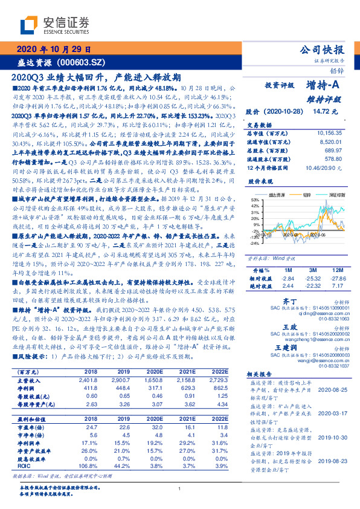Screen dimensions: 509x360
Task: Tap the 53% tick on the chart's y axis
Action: [x=256, y=200]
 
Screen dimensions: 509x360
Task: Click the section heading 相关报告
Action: [x=262, y=375]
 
